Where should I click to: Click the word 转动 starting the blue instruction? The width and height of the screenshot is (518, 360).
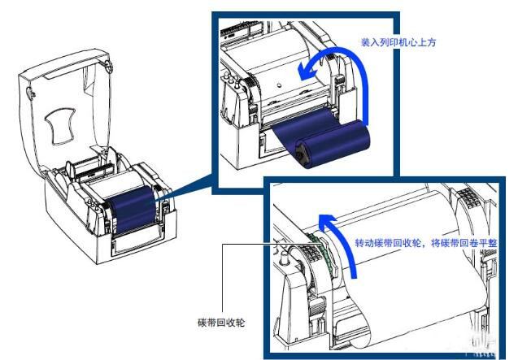(366, 243)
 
